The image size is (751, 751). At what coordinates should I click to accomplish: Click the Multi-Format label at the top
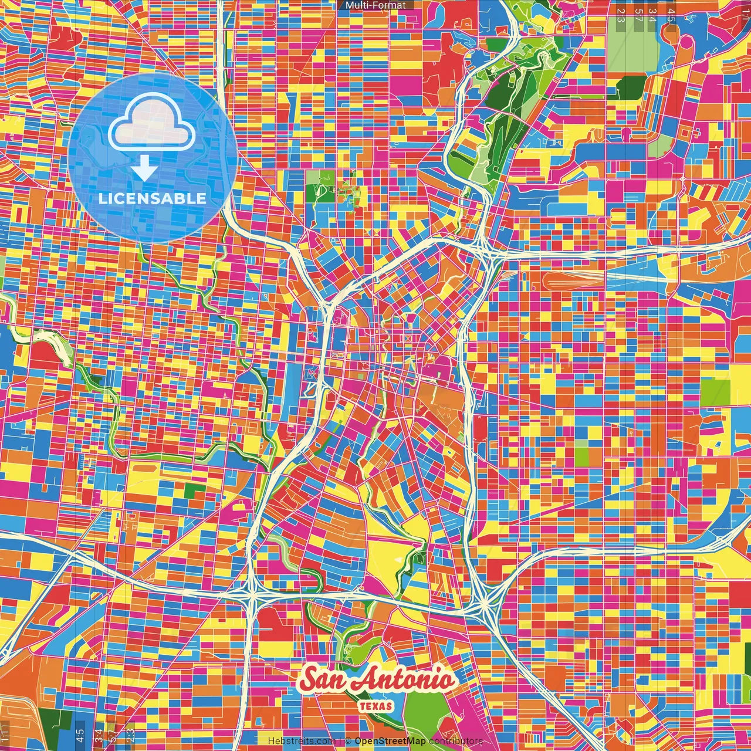tap(375, 5)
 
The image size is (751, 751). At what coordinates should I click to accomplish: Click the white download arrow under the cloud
tap(144, 170)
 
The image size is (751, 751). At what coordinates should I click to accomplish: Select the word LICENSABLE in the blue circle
tap(153, 198)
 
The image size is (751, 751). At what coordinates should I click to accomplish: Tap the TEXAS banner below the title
tap(375, 706)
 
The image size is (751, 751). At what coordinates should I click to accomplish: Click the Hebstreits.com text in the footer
tap(302, 741)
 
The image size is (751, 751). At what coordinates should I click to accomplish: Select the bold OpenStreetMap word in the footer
tap(390, 741)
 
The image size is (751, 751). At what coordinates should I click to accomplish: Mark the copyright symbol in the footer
tap(348, 741)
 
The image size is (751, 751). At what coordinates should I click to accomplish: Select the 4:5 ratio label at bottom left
tap(80, 735)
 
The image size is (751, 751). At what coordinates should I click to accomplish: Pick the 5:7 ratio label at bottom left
tap(113, 735)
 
